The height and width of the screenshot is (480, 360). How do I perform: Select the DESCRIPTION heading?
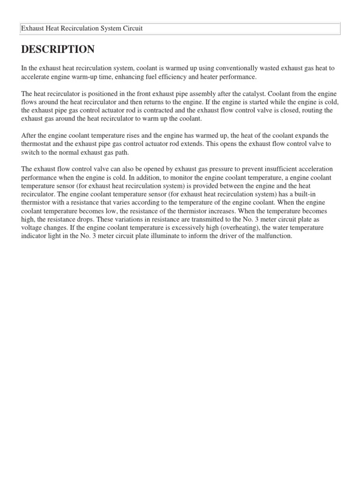58,49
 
